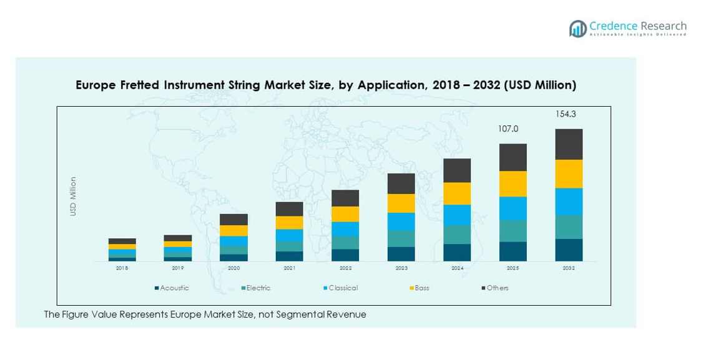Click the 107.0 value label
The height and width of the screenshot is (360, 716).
click(508, 129)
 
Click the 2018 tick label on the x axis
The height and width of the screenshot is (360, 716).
click(122, 268)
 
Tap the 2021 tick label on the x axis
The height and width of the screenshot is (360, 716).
click(290, 268)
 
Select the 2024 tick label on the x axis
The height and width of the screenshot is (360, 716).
click(457, 268)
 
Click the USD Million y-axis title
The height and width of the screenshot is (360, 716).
click(73, 197)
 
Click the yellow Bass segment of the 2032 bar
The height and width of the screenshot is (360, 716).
click(569, 173)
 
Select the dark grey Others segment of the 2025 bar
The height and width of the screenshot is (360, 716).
click(513, 157)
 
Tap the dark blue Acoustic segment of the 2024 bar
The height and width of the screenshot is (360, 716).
click(457, 252)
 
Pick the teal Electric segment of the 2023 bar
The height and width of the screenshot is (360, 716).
click(401, 238)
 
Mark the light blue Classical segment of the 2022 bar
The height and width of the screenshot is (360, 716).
click(345, 228)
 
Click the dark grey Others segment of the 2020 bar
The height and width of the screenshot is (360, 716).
click(233, 219)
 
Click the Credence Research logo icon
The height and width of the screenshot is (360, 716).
click(577, 28)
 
